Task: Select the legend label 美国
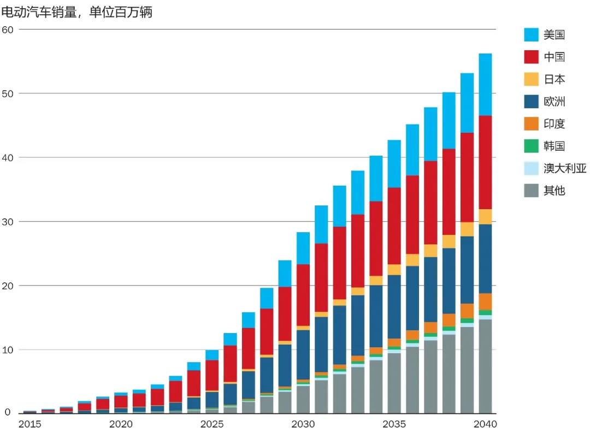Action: click(554, 35)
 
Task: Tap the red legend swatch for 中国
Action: click(532, 57)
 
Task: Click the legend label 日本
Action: click(554, 79)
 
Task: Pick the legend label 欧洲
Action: click(554, 102)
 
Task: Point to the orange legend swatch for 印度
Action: click(532, 124)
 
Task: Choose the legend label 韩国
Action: click(554, 146)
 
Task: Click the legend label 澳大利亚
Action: click(565, 168)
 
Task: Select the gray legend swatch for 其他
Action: click(532, 191)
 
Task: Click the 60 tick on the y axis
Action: click(8, 29)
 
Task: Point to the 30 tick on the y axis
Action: click(8, 222)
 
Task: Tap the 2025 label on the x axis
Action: click(211, 424)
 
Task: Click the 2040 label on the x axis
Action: click(485, 424)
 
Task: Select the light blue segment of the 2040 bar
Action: click(485, 85)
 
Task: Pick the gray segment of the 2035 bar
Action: click(394, 383)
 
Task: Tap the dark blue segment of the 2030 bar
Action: click(303, 354)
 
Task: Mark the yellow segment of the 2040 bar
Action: click(485, 217)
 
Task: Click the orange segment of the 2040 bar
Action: click(485, 301)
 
